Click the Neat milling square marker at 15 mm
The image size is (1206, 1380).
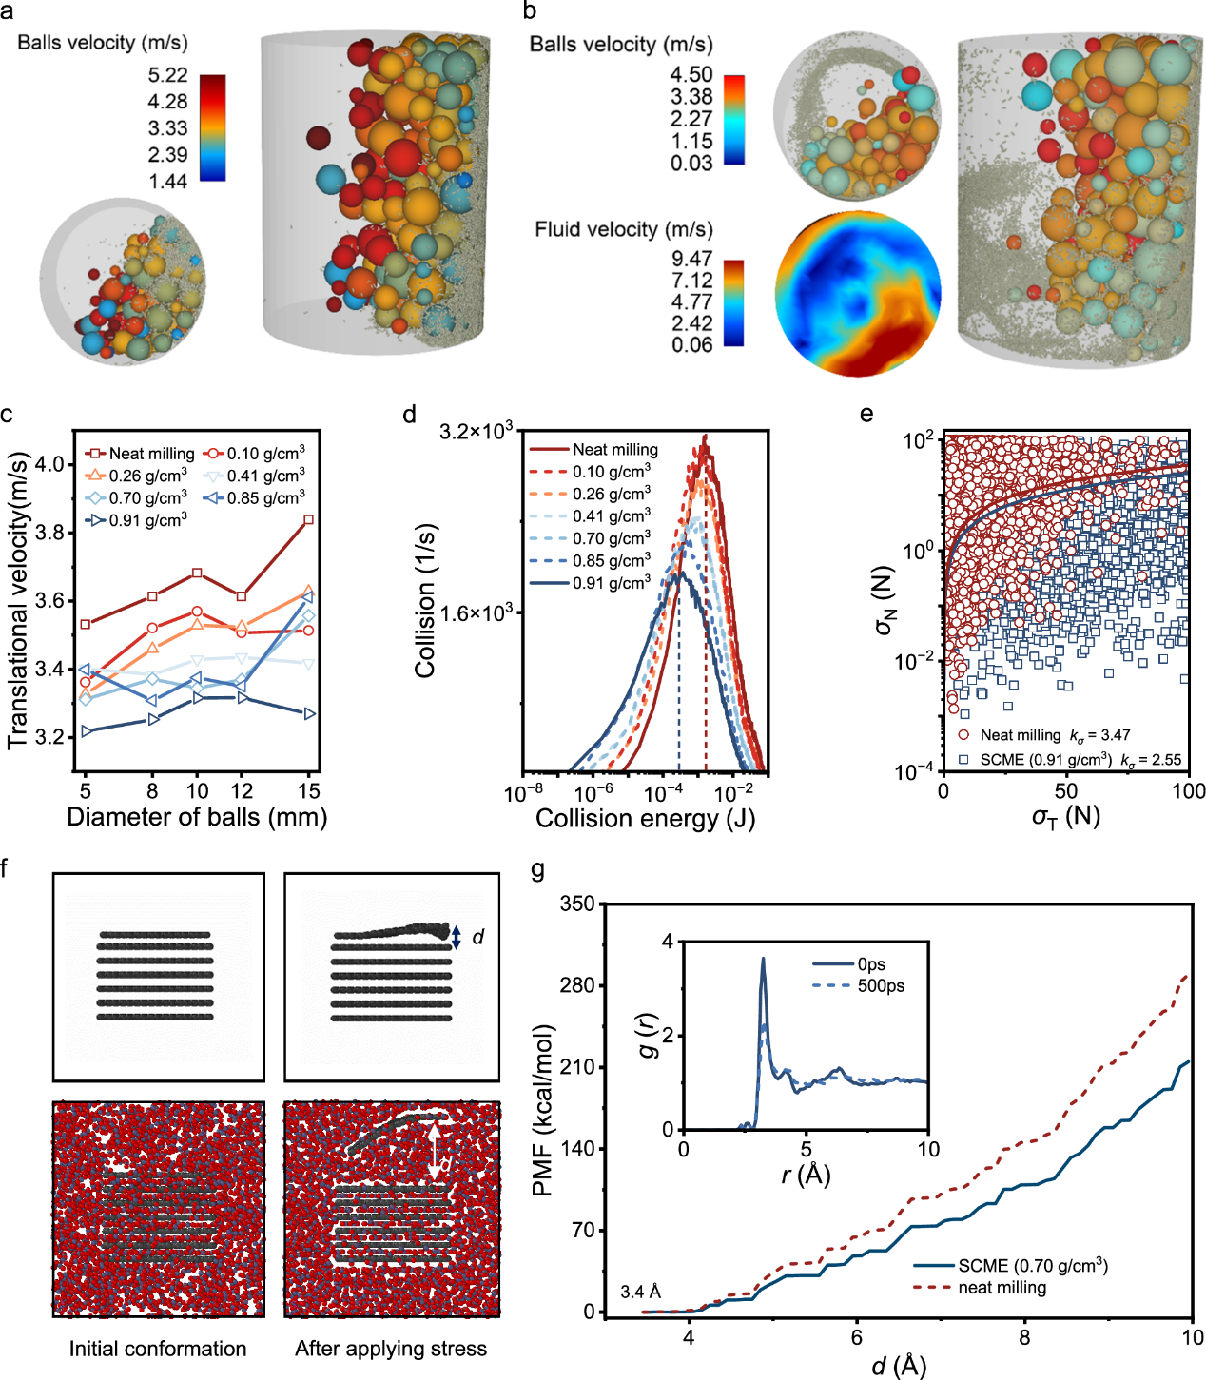(309, 519)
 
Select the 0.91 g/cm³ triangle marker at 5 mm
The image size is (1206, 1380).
(86, 730)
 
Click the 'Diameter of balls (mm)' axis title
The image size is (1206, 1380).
(197, 817)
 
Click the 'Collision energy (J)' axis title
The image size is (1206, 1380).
(645, 819)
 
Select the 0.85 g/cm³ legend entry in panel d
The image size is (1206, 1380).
(612, 561)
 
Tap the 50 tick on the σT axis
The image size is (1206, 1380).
(1065, 791)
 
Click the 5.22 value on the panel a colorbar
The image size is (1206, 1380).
(167, 75)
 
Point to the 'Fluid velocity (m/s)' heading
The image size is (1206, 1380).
(623, 230)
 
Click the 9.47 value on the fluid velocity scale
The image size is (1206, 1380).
(691, 259)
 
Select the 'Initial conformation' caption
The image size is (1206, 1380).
(158, 1349)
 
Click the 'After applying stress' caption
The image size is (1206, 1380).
(391, 1349)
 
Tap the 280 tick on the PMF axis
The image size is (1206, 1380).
(577, 985)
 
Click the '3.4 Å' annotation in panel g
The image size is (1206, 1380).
(640, 1292)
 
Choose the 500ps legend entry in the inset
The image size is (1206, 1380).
(880, 986)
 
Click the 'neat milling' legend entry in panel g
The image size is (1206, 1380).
(1002, 1288)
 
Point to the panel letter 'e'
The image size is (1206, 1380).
(866, 414)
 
